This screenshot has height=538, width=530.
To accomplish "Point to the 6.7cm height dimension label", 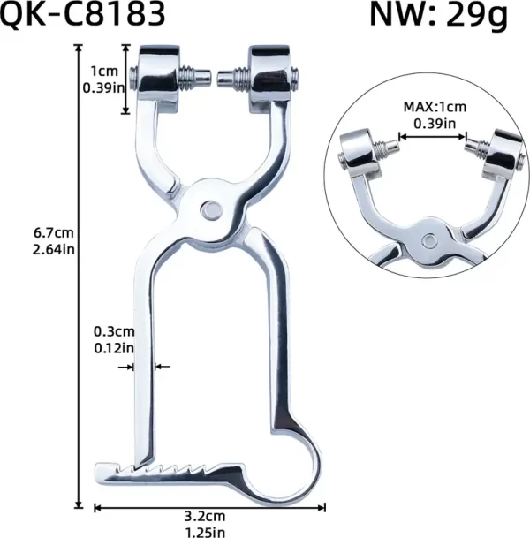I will point(52,233).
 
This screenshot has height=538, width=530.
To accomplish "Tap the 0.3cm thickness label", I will point(114,332).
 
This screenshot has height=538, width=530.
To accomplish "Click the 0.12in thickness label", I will point(114,347).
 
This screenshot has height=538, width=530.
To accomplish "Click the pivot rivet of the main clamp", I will point(210,209).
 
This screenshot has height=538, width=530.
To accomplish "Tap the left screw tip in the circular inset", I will point(388,142).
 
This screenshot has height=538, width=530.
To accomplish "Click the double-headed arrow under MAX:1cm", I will point(431,137).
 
